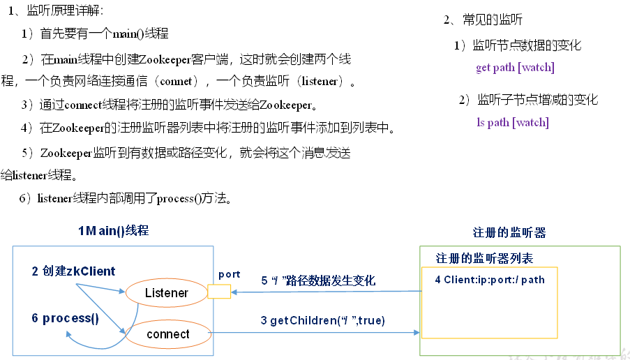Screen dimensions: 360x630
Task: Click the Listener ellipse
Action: pyautogui.click(x=166, y=293)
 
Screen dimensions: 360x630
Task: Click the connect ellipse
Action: pyautogui.click(x=168, y=334)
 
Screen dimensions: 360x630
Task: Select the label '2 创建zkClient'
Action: pyautogui.click(x=73, y=271)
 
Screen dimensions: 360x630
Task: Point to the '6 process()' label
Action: pyautogui.click(x=65, y=318)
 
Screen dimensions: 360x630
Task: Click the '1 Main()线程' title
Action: pyautogui.click(x=113, y=231)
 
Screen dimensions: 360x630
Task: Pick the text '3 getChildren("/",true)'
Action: pyautogui.click(x=322, y=320)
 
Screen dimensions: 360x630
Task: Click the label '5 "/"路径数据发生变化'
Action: pyautogui.click(x=318, y=280)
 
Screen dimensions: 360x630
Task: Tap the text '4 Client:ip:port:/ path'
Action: pyautogui.click(x=489, y=280)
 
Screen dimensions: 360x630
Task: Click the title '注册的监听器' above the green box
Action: pyautogui.click(x=509, y=233)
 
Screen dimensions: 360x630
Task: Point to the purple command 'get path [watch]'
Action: pyautogui.click(x=515, y=68)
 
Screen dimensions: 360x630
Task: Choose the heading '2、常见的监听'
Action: pyautogui.click(x=483, y=20)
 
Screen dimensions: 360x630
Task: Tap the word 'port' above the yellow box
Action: pyautogui.click(x=229, y=274)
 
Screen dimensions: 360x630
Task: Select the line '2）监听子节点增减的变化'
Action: pyautogui.click(x=528, y=100)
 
